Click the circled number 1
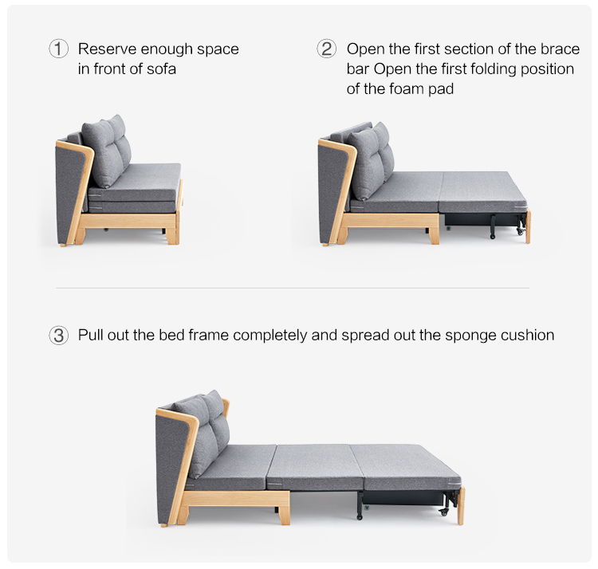pyautogui.click(x=59, y=49)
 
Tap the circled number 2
pyautogui.click(x=327, y=49)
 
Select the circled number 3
pyautogui.click(x=59, y=336)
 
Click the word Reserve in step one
pyautogui.click(x=107, y=49)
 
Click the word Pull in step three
pyautogui.click(x=90, y=336)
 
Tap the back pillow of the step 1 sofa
pyautogui.click(x=106, y=151)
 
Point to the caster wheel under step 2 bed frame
pyautogui.click(x=520, y=231)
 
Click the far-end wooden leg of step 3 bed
pyautogui.click(x=461, y=506)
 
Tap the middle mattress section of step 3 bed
pyautogui.click(x=315, y=467)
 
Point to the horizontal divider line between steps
pyautogui.click(x=293, y=288)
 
